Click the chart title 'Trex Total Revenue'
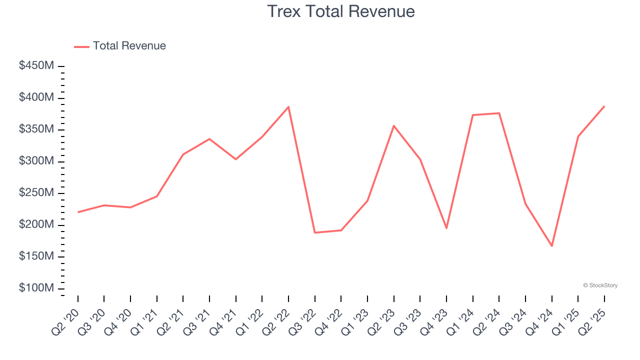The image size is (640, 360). tap(340, 11)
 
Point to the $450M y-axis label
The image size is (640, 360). tap(36, 66)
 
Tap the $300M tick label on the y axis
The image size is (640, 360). tap(36, 161)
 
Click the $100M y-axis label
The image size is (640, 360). tap(36, 288)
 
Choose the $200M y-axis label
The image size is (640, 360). tap(36, 225)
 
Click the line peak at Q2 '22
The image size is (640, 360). tap(288, 107)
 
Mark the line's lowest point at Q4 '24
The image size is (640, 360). tap(552, 246)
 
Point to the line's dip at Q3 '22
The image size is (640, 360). tap(315, 232)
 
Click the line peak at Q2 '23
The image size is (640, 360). tap(394, 125)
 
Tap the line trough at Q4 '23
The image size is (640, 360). tap(446, 228)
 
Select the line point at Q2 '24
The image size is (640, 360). tap(499, 113)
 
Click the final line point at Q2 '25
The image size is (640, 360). tap(604, 106)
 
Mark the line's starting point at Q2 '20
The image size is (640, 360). tap(78, 212)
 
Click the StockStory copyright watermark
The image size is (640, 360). tap(600, 285)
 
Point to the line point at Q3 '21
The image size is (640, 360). tap(209, 139)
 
